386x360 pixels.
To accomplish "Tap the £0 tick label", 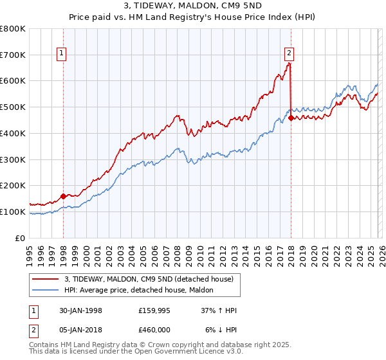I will click(x=21, y=238).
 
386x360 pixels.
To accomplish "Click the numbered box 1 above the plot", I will click(x=62, y=53).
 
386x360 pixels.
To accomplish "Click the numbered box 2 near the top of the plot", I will click(x=289, y=53).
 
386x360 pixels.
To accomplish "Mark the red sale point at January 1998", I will click(x=64, y=196).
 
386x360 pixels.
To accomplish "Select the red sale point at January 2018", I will click(x=291, y=118).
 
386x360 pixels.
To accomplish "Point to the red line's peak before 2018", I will click(x=289, y=64).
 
